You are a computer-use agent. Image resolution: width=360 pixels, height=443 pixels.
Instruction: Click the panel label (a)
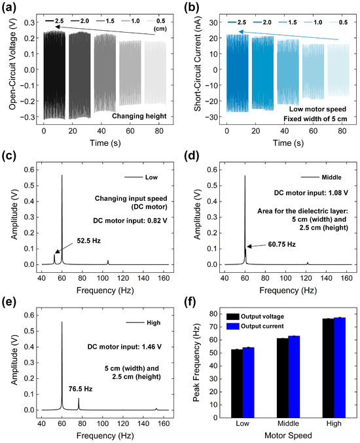point(10,9)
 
